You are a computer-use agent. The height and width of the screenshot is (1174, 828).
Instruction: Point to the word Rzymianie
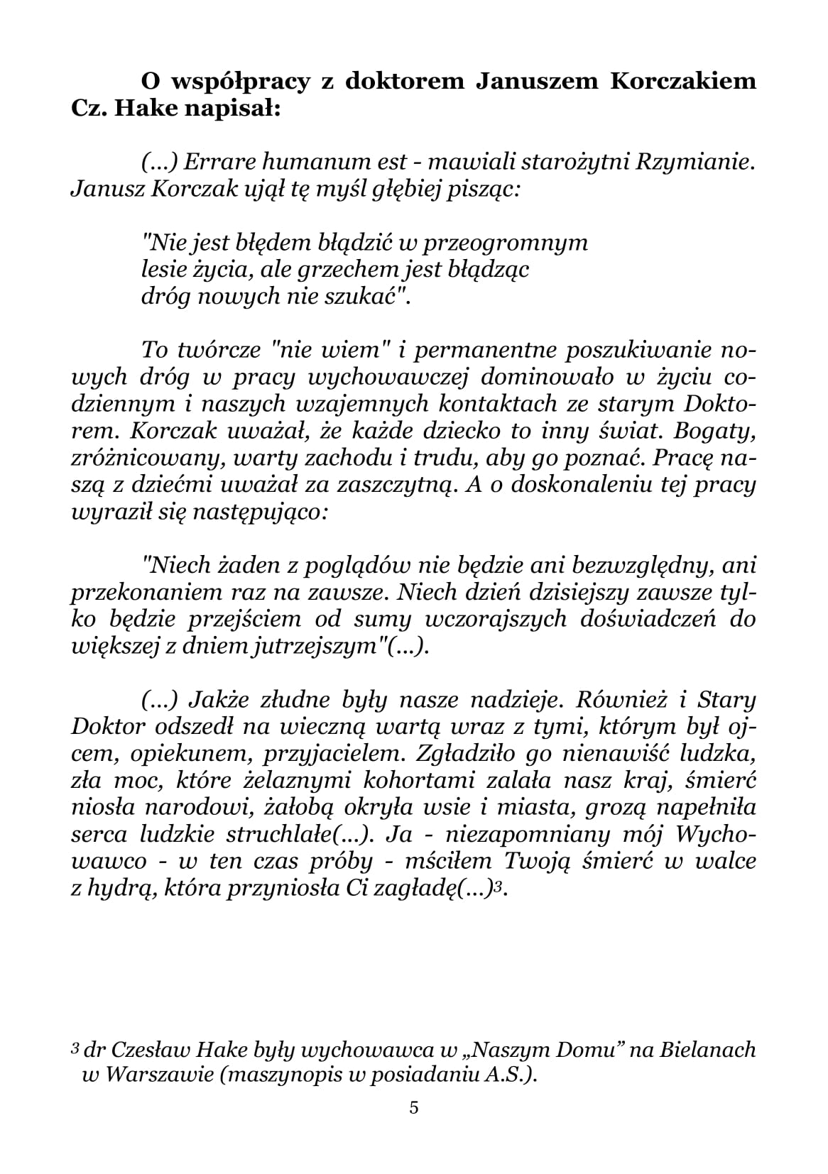tap(693, 163)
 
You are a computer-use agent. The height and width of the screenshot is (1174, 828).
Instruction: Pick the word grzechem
tap(345, 270)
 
